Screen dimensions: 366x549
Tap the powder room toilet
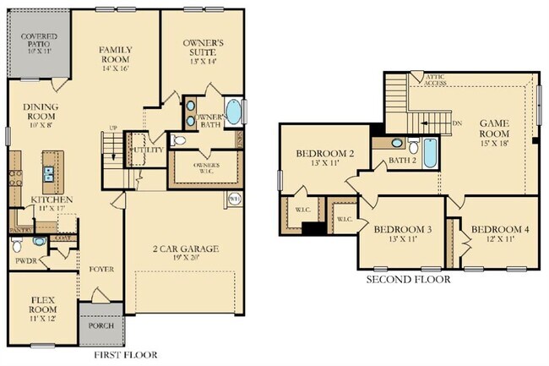pos(18,246)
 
